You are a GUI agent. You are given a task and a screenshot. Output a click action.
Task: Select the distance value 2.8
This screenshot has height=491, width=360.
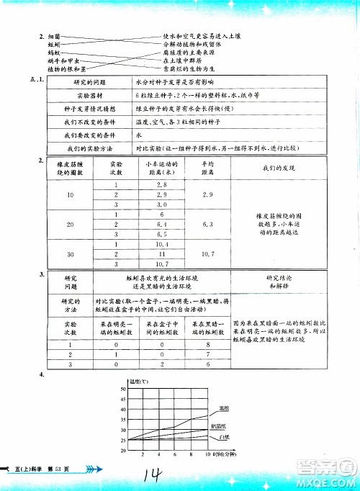[x=162, y=186]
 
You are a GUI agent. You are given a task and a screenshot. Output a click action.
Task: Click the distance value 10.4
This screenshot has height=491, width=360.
[x=162, y=245]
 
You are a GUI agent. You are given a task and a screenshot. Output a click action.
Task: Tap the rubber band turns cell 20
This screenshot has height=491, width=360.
[x=71, y=225]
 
